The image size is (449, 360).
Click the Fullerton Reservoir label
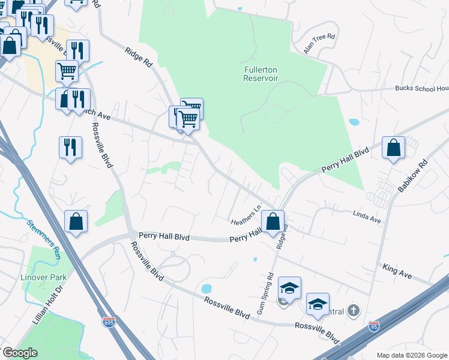click(x=261, y=74)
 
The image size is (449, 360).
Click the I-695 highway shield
click(x=109, y=323)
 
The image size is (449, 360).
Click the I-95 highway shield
click(x=374, y=326)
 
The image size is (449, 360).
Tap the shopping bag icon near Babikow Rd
click(x=393, y=148)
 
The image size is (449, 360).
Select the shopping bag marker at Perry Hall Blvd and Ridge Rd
click(x=273, y=221)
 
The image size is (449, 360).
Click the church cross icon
click(x=354, y=310)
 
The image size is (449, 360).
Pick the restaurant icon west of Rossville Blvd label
click(x=70, y=148)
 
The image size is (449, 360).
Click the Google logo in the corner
click(x=20, y=353)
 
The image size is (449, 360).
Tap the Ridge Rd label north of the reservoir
click(x=139, y=59)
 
